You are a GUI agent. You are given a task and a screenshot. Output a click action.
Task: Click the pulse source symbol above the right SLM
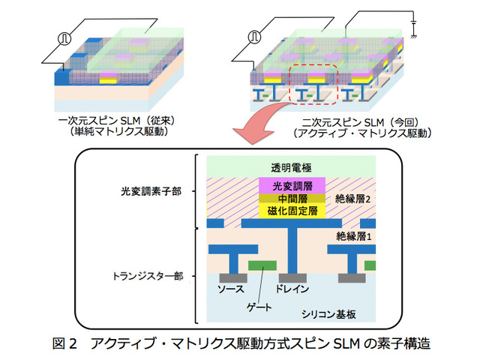(x=255, y=34)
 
